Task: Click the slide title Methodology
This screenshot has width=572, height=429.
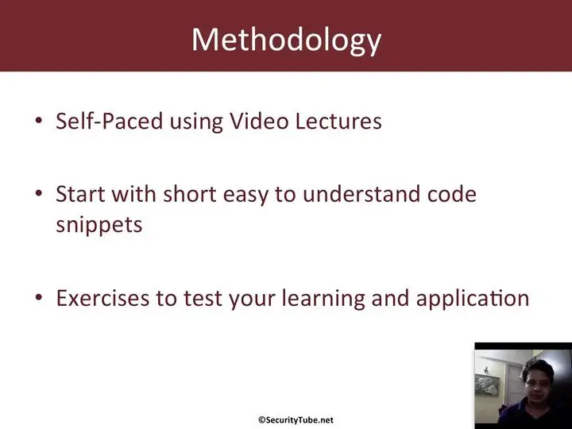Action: [x=286, y=40]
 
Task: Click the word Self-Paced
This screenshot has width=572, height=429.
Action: [x=109, y=121]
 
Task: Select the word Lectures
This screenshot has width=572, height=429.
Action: [x=338, y=121]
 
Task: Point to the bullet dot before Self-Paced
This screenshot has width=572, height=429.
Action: [x=39, y=121]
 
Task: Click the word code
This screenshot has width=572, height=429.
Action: [x=452, y=194]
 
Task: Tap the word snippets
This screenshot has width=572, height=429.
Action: [x=99, y=225]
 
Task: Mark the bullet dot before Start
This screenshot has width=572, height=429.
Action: [x=39, y=193]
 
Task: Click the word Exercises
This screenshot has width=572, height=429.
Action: [x=102, y=298]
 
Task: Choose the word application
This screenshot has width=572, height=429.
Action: [x=473, y=299]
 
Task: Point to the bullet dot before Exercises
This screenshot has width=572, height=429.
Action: [x=39, y=298]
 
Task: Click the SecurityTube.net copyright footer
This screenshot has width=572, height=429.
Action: [x=296, y=420]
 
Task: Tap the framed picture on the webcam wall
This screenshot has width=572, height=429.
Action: [x=487, y=388]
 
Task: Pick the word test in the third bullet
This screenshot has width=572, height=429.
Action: [x=203, y=299]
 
